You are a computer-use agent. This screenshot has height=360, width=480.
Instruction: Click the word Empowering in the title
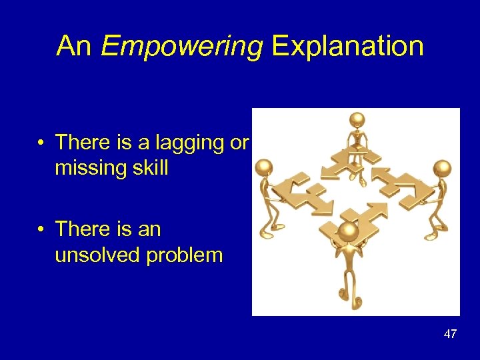click(181, 47)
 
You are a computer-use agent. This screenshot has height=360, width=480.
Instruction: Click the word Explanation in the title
click(347, 47)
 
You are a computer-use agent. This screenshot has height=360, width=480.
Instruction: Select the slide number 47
click(450, 334)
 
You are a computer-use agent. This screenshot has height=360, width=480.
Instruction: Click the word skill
click(150, 169)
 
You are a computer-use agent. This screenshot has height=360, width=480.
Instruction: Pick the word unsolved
click(98, 255)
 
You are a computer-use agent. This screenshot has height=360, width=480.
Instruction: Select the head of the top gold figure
click(358, 120)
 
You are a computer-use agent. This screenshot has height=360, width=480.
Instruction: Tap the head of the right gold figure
click(442, 167)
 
